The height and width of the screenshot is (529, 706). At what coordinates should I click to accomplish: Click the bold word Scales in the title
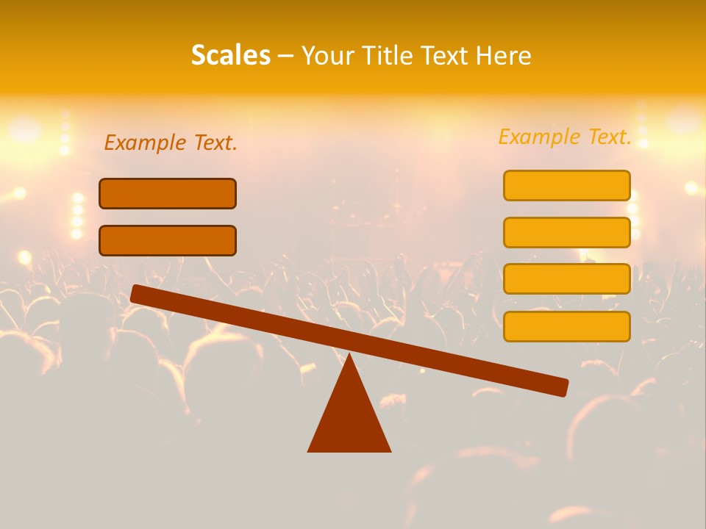(231, 55)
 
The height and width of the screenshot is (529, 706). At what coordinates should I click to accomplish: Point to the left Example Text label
(171, 143)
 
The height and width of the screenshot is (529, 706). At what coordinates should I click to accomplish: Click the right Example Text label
(565, 137)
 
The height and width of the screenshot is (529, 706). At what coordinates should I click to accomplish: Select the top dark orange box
(168, 193)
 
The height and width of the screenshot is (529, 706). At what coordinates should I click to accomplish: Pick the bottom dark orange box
(168, 240)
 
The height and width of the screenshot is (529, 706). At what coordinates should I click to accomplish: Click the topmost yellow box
(567, 185)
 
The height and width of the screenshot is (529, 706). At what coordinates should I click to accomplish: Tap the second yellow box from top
(567, 232)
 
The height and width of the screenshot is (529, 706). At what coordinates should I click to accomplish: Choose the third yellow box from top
(567, 279)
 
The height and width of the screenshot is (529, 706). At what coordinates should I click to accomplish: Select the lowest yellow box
(567, 326)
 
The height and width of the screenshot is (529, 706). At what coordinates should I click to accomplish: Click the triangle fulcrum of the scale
(349, 419)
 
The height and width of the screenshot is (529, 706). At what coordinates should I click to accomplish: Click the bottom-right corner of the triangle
(389, 450)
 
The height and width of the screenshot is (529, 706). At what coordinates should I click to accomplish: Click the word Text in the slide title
(446, 55)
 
